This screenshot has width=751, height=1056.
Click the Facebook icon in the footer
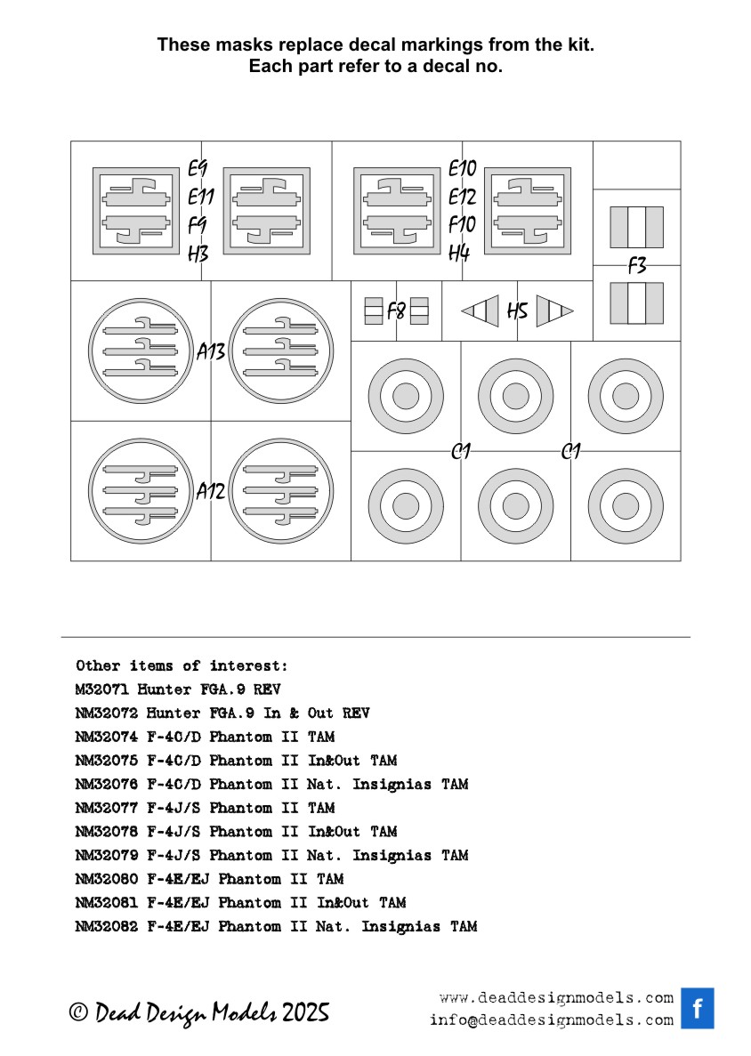[x=698, y=1008]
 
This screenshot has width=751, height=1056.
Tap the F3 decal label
[x=637, y=265]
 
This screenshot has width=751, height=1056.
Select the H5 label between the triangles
[x=517, y=311]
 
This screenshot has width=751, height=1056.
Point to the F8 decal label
[x=397, y=311]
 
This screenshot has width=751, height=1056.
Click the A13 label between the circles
[x=211, y=352]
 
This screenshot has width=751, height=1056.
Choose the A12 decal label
[x=211, y=491]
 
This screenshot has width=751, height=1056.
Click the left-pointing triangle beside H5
[x=480, y=311]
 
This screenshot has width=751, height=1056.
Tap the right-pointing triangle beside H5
[x=554, y=311]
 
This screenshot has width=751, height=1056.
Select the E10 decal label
[x=463, y=168]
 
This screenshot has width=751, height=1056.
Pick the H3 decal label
[x=198, y=254]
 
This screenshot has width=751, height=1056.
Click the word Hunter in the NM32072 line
[x=173, y=713]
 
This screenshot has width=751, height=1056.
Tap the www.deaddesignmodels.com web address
[x=556, y=997]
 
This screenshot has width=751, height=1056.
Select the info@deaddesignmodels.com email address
[x=551, y=1020]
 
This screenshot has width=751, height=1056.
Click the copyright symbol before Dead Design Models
[x=79, y=1012]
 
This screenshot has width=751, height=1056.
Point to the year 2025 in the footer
[x=306, y=1012]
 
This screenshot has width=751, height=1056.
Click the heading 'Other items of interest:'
[x=182, y=665]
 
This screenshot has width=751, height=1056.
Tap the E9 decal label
[x=198, y=168]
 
